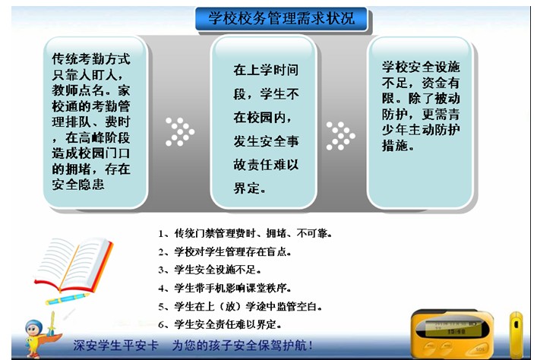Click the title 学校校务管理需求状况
coord(282,18)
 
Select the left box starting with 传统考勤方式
coord(96,122)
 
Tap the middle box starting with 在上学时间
coord(264,122)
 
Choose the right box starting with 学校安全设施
coord(420,122)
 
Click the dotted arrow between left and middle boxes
coord(179,132)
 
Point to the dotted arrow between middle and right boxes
coord(340,136)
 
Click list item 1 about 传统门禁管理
coord(245,234)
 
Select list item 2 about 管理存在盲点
coord(225,251)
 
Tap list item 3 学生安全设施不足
coord(210,270)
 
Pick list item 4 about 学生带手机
coord(225,288)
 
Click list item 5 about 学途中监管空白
coord(240,306)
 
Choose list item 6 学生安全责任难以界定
coord(220,324)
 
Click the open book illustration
coord(74,264)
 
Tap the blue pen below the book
coord(67,299)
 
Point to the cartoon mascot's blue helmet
coord(33,325)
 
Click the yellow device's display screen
coord(449,327)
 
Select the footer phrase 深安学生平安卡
coord(115,346)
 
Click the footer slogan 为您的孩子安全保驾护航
coord(242,346)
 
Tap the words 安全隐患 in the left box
coord(78,185)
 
